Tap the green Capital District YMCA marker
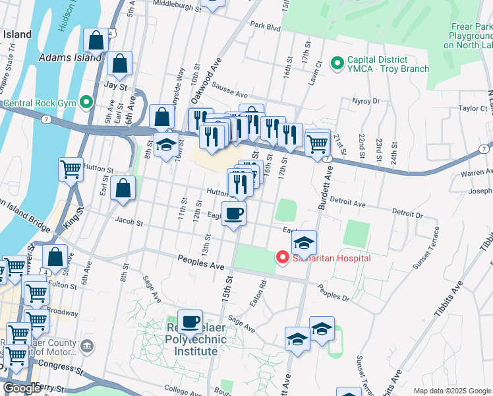338,63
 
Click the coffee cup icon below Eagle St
234,214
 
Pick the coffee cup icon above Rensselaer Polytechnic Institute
190,321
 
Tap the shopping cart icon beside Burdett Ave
317,141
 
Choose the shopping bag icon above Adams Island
96,40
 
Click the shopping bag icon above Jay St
119,64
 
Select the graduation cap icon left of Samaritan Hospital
303,242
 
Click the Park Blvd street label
266,28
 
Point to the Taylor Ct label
472,108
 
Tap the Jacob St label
129,222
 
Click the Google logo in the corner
22,388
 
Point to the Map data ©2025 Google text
451,391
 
